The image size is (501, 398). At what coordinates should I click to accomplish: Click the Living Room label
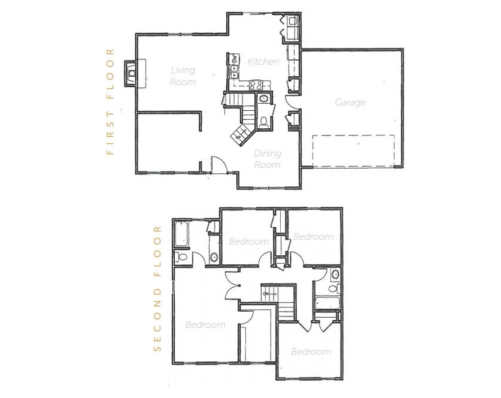[183, 76]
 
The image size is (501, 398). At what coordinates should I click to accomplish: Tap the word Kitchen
[263, 62]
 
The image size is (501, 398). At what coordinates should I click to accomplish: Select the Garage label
[350, 102]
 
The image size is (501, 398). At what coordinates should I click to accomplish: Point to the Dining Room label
[268, 159]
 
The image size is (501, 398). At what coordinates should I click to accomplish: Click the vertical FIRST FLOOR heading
[110, 102]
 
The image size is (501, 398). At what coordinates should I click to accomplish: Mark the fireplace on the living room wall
[132, 74]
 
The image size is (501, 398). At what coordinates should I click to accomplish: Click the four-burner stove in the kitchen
[257, 85]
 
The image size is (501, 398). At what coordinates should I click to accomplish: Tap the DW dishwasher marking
[235, 60]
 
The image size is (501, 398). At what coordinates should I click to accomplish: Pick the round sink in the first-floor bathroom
[263, 99]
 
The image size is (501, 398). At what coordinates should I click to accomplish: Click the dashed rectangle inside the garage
[353, 150]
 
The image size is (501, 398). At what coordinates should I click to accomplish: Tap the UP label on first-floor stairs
[238, 138]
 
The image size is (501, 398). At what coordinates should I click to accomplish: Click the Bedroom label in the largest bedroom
[205, 325]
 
